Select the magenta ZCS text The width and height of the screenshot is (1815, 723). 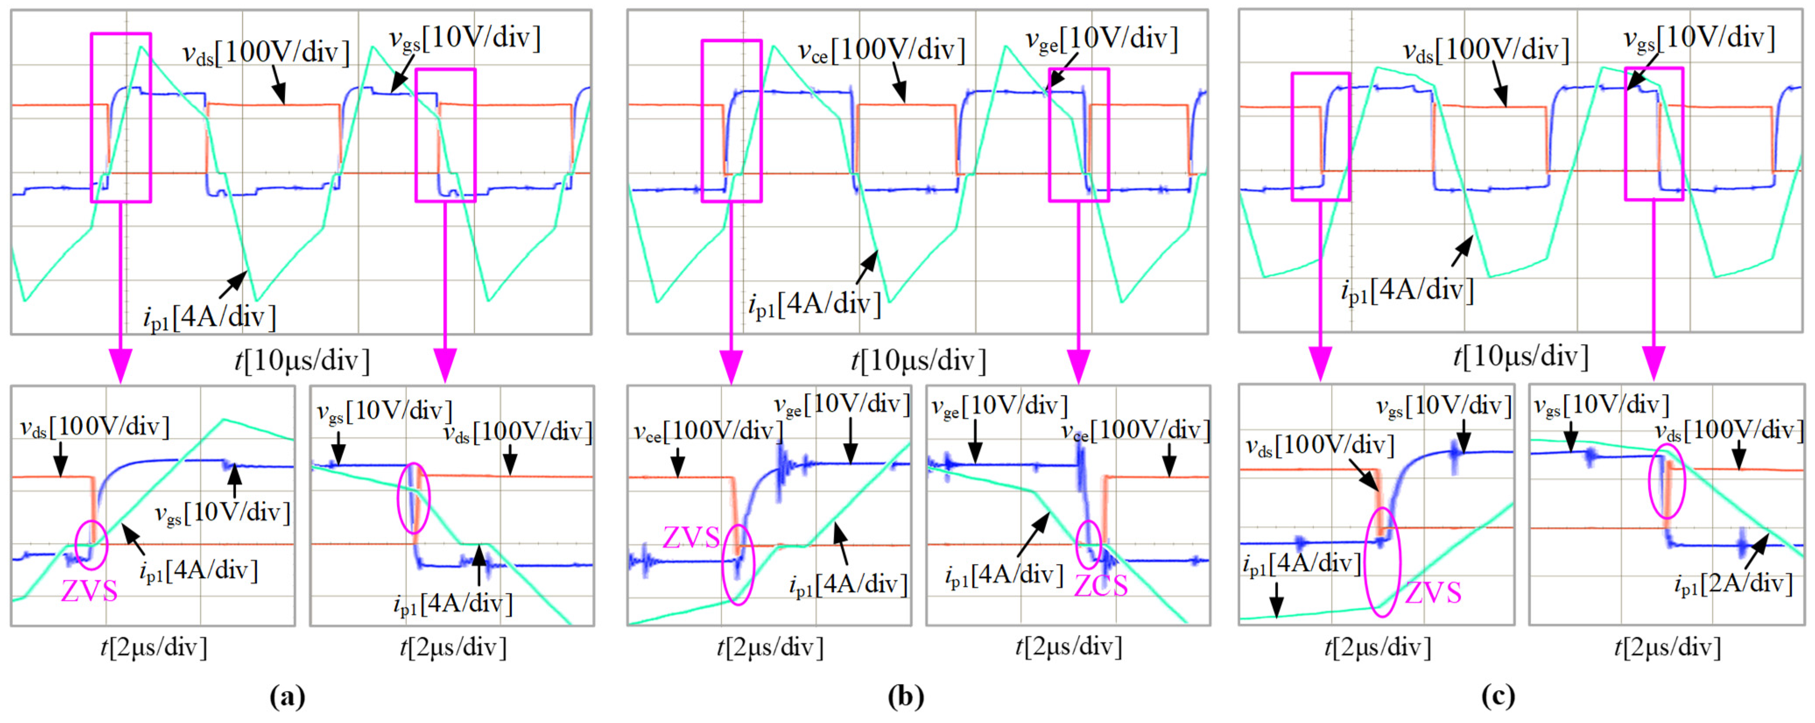1101,585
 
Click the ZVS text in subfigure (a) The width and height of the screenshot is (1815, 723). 89,590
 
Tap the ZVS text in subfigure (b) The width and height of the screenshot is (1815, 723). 691,538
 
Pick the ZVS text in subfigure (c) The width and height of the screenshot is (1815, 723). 1433,593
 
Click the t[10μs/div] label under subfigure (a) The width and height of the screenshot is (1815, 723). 302,361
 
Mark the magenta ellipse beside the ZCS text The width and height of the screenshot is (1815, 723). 1089,544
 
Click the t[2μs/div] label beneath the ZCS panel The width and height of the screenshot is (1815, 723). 1068,647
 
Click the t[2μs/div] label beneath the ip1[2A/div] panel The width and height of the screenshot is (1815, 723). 1667,647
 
